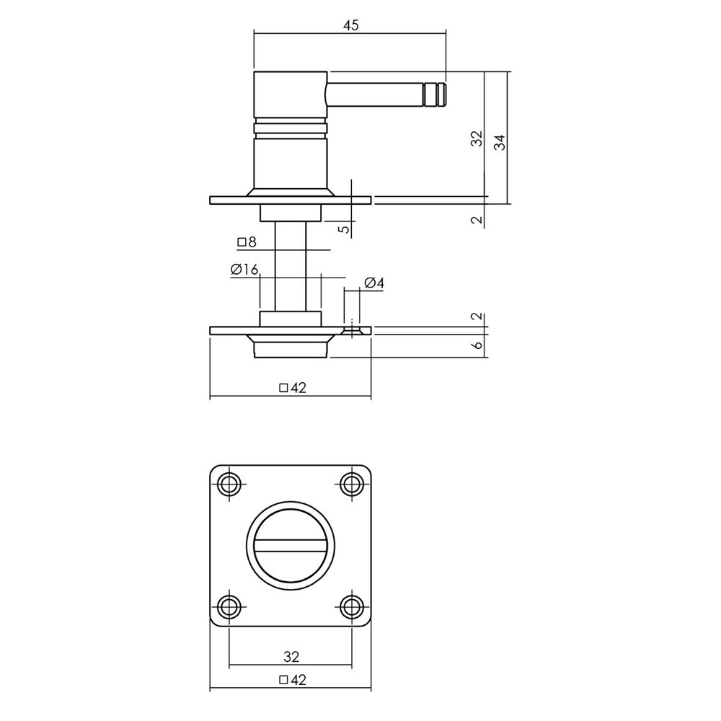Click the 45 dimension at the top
350,25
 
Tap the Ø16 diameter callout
245,269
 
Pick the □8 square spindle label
247,242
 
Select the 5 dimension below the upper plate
345,229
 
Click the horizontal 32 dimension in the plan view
291,657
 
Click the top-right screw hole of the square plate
352,483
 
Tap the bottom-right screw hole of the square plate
352,605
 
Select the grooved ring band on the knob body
291,128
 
